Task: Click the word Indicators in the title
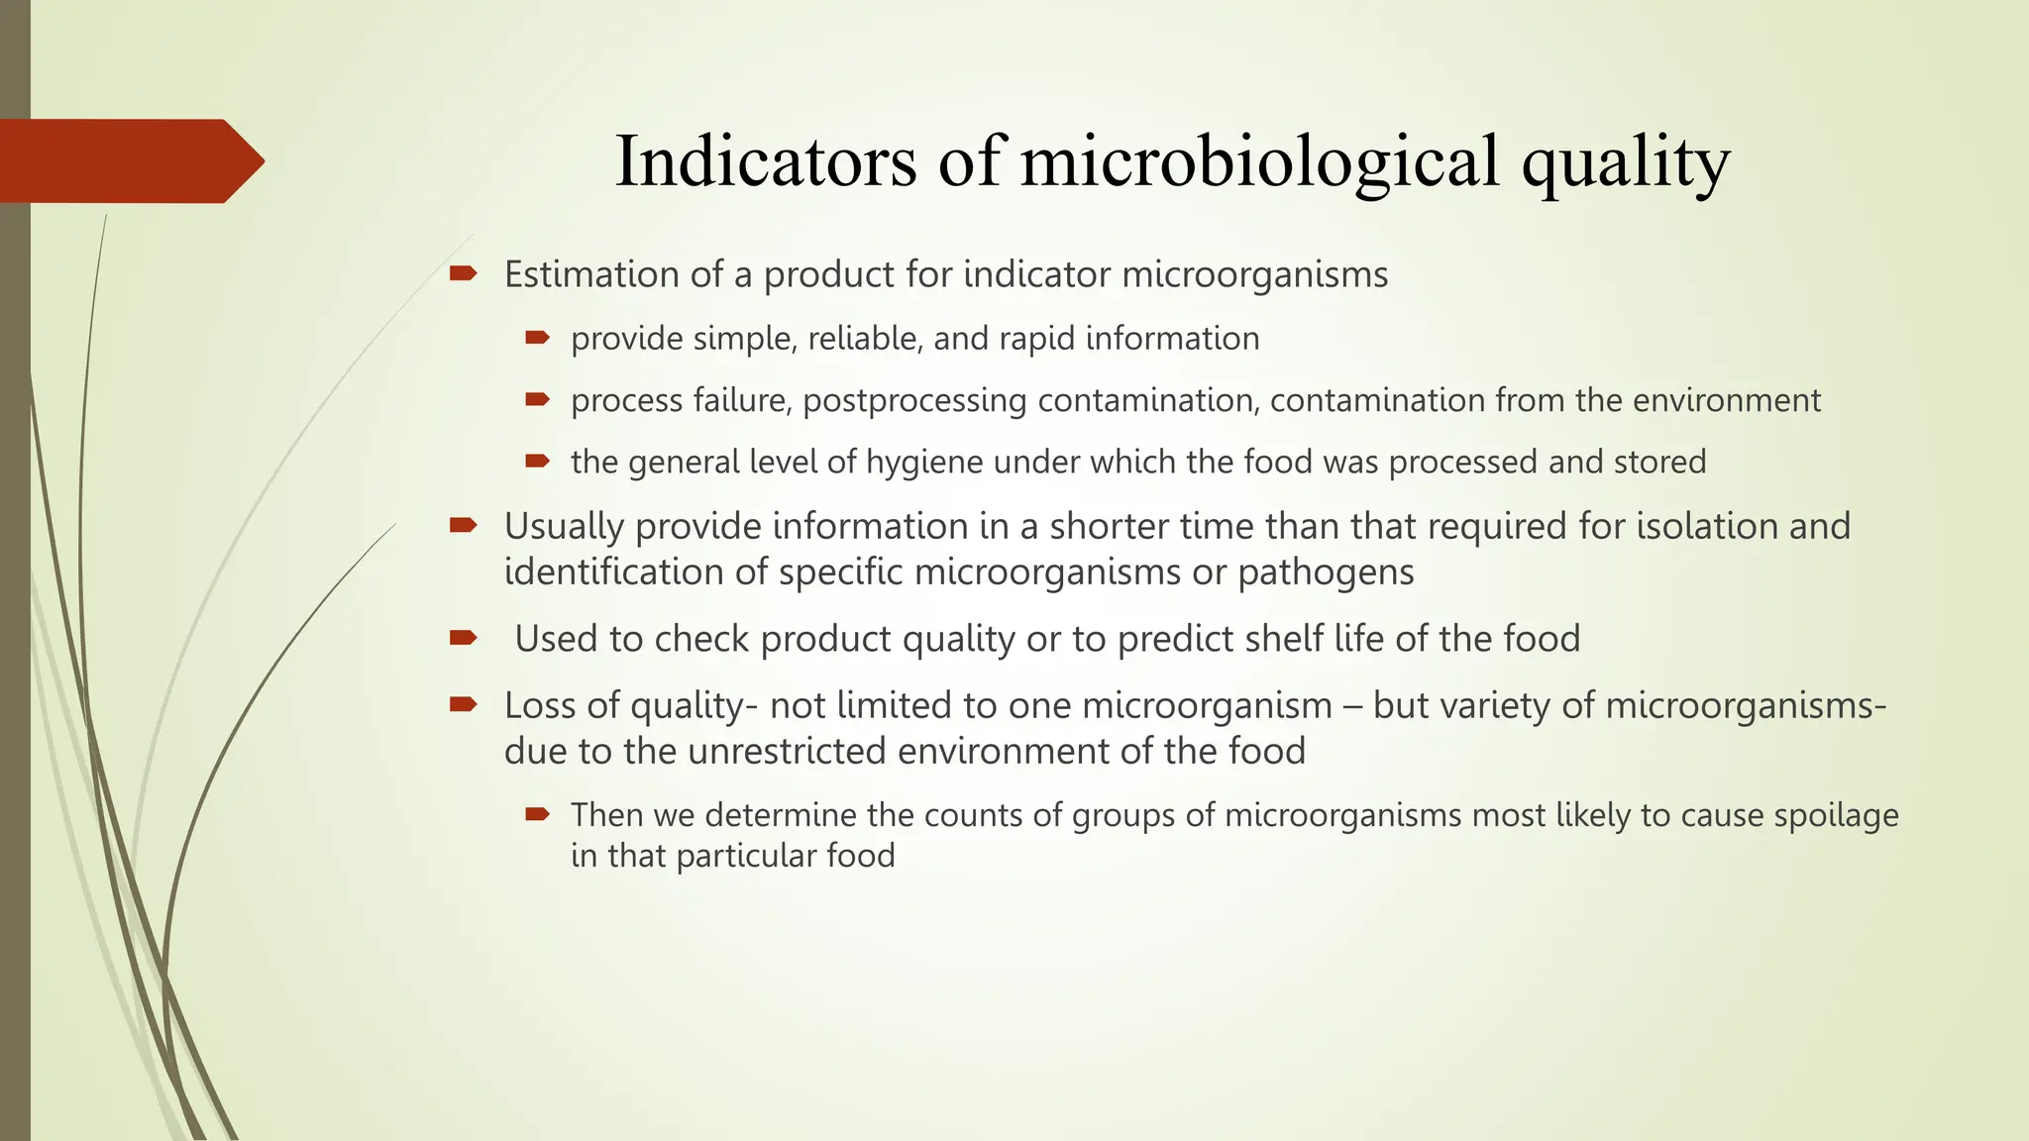coord(765,161)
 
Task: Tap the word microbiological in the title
coord(1259,161)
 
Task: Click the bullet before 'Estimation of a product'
coord(463,273)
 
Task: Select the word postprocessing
coord(914,401)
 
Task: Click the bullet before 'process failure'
coord(537,400)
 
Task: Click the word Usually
coord(564,527)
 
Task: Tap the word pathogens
coord(1326,572)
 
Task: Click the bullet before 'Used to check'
coord(463,638)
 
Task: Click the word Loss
coord(541,705)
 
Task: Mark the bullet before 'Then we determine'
coord(537,815)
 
